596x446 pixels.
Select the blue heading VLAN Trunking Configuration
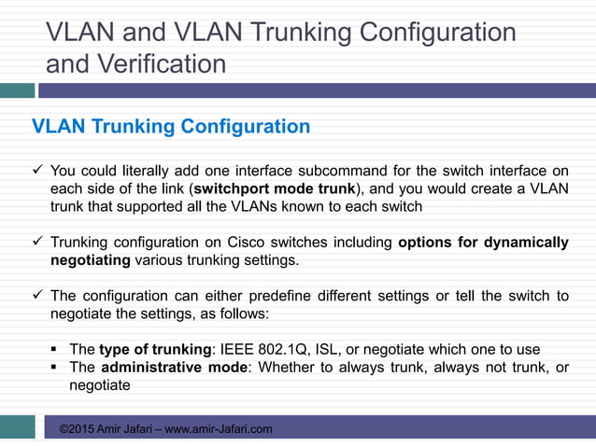coord(171,126)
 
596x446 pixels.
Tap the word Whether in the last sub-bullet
coord(287,368)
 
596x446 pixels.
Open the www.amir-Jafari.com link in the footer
coord(219,428)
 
